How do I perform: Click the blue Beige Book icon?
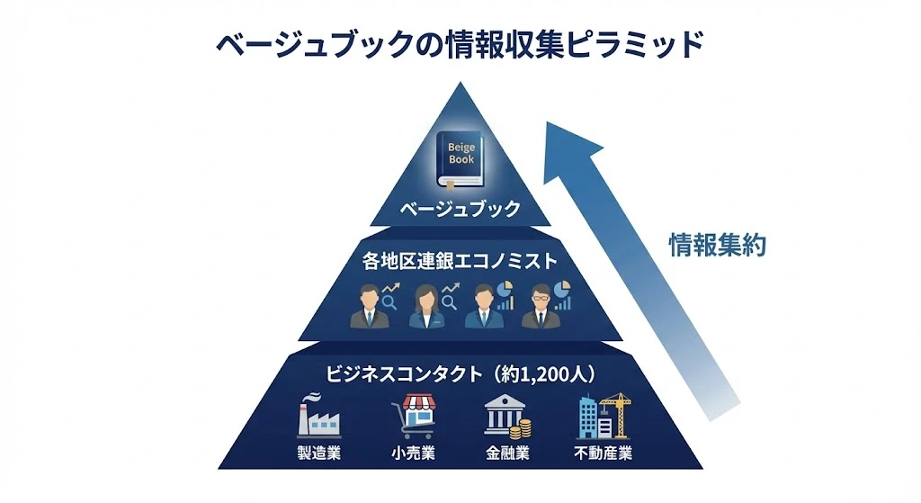(460, 158)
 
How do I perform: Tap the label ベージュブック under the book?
(460, 209)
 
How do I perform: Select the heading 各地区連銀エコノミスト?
(460, 261)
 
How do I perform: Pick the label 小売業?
(414, 453)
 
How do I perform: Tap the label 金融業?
(507, 453)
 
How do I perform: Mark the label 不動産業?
(604, 453)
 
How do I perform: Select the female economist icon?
(425, 306)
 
